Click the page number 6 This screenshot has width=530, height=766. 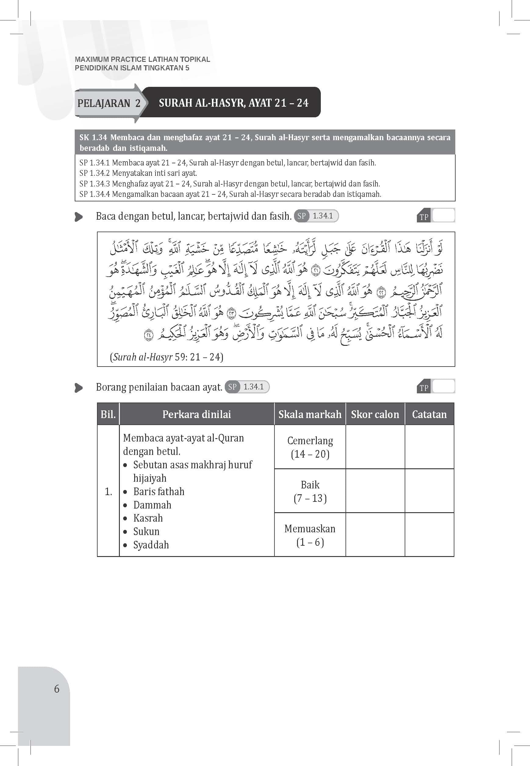coord(57,689)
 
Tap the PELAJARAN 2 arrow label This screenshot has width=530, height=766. coord(109,103)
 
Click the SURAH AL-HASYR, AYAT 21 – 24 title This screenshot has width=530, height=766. coord(234,103)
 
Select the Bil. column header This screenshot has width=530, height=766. coord(108,414)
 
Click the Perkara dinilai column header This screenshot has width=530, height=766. coord(197,414)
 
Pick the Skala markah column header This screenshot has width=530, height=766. coord(310,414)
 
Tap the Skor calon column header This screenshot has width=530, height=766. coord(375,414)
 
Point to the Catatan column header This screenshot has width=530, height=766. coord(429,414)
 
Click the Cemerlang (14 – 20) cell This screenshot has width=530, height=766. coord(310,447)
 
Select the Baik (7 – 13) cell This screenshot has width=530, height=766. coord(310,491)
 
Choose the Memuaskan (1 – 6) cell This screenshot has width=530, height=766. coord(310,535)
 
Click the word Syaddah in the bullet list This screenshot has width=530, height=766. coord(151,545)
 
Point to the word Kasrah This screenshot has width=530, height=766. coord(148,518)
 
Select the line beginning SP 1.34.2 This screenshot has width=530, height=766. coord(138,173)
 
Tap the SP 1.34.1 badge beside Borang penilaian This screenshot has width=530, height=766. coord(247,387)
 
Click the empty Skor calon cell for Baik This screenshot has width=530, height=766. coord(375,491)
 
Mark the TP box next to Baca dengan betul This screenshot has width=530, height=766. coord(443,216)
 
